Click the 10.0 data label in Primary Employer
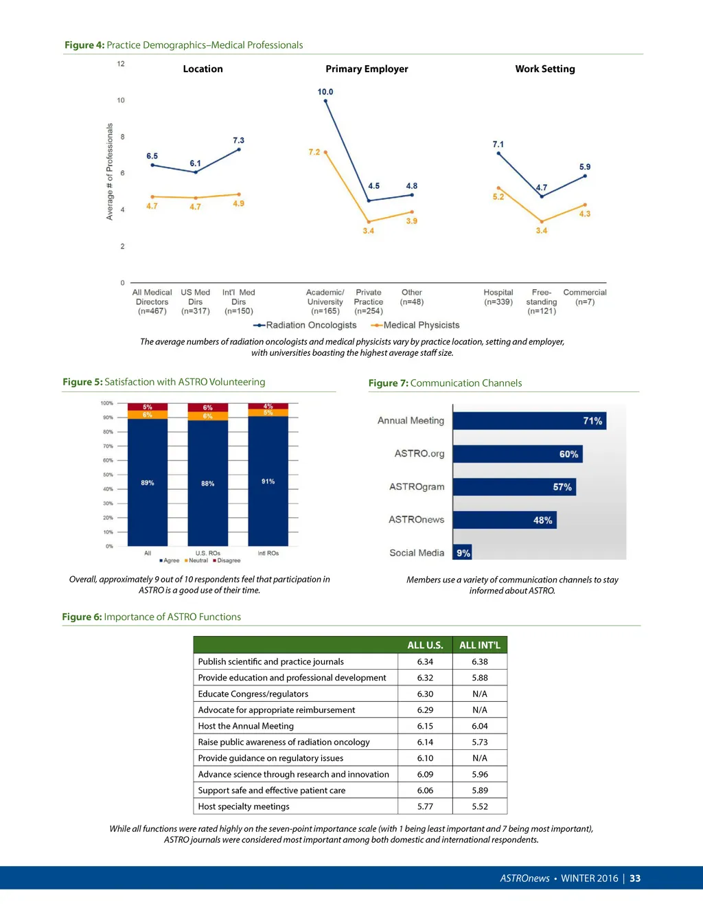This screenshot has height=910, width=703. pyautogui.click(x=325, y=92)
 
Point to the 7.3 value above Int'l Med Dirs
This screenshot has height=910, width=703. pyautogui.click(x=238, y=140)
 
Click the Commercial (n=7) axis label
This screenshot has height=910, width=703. pyautogui.click(x=585, y=297)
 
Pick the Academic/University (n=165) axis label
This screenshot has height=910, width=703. pyautogui.click(x=325, y=302)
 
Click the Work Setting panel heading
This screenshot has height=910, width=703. pyautogui.click(x=545, y=69)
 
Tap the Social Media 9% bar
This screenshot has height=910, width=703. pyautogui.click(x=463, y=553)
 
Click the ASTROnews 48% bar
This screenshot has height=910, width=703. pyautogui.click(x=505, y=520)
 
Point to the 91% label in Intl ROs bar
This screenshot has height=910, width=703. pyautogui.click(x=268, y=481)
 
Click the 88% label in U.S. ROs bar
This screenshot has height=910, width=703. pyautogui.click(x=207, y=484)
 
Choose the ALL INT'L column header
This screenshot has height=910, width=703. pyautogui.click(x=479, y=646)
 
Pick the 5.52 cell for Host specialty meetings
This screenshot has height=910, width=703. pyautogui.click(x=479, y=806)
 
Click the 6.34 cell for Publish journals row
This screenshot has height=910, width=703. pyautogui.click(x=425, y=662)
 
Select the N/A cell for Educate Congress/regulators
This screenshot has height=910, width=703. pyautogui.click(x=479, y=694)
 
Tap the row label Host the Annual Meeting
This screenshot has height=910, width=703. pyautogui.click(x=246, y=726)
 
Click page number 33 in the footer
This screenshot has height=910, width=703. pyautogui.click(x=635, y=878)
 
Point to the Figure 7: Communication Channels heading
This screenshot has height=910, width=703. pyautogui.click(x=445, y=383)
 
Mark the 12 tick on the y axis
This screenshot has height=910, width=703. pyautogui.click(x=121, y=64)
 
